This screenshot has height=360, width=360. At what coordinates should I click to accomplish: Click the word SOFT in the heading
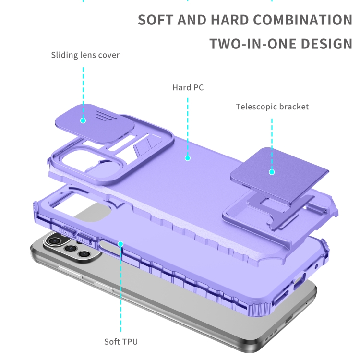(156, 20)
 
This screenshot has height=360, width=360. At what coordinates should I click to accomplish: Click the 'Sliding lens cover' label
(85, 55)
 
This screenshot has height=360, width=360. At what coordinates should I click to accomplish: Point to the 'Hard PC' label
(188, 87)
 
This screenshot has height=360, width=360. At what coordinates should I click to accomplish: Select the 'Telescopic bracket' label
(272, 107)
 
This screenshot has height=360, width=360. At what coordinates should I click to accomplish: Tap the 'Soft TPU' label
(121, 342)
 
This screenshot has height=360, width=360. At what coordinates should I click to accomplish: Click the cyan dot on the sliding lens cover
(83, 120)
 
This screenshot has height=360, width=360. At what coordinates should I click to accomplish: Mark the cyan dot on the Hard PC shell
(188, 158)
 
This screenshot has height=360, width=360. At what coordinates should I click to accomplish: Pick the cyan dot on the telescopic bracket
(272, 172)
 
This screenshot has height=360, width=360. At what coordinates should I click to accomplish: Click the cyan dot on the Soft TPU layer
(120, 243)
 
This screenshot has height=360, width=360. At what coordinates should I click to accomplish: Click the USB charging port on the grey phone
(289, 319)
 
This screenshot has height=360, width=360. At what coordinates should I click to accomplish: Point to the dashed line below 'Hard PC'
(188, 127)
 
